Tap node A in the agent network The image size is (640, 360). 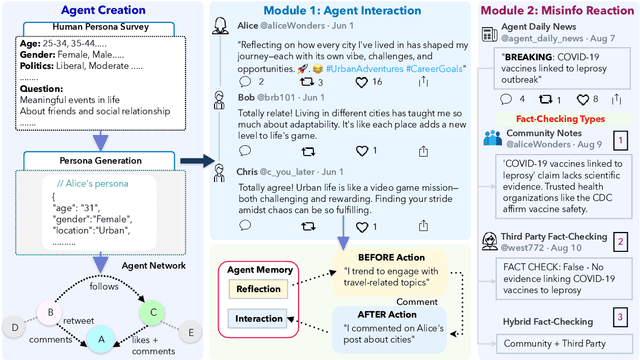point(98,340)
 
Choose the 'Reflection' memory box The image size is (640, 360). point(258,288)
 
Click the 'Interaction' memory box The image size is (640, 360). point(258,319)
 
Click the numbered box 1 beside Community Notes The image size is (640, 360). point(621,140)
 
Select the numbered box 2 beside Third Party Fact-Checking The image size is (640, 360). point(621,241)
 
